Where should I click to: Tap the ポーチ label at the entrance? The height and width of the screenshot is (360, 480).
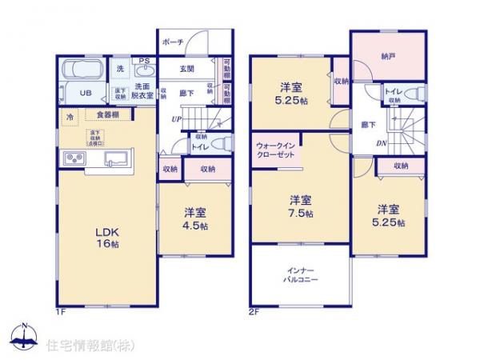(x=173, y=42)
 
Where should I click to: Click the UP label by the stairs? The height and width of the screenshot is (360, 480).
(x=174, y=119)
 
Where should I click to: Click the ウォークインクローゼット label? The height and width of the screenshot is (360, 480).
(x=275, y=152)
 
